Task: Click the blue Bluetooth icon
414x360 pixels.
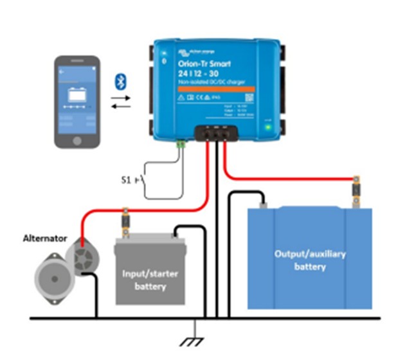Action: click(x=118, y=80)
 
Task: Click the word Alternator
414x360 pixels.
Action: click(x=44, y=238)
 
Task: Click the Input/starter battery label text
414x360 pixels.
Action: click(x=150, y=279)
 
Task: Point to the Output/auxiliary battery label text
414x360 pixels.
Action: click(x=310, y=260)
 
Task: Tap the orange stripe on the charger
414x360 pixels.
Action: click(x=213, y=88)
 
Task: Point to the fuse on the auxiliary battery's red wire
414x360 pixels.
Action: click(x=354, y=190)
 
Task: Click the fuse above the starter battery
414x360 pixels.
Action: click(x=124, y=222)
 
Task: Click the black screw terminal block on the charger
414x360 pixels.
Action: click(x=215, y=134)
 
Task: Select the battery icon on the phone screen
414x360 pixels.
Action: click(x=76, y=96)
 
